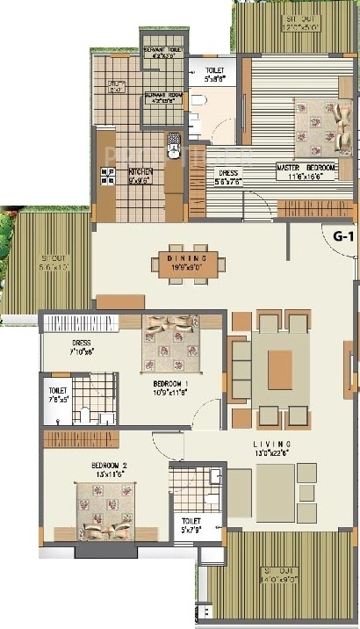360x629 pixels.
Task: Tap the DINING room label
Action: (x=191, y=258)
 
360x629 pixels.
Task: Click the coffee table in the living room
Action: (x=280, y=364)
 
